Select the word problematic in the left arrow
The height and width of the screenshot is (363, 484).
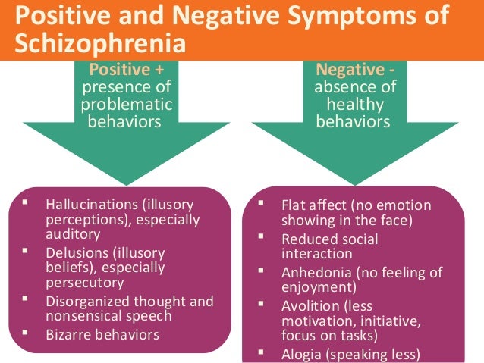[127, 104]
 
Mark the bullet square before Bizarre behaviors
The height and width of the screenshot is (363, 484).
[26, 332]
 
